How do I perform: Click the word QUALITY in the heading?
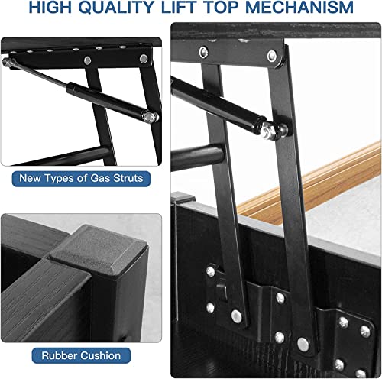click(x=117, y=7)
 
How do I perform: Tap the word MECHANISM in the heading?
click(x=299, y=7)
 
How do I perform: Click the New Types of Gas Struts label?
click(x=81, y=179)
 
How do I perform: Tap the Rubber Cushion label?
click(x=81, y=355)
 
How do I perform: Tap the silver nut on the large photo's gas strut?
click(x=267, y=131)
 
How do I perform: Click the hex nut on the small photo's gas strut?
click(x=147, y=117)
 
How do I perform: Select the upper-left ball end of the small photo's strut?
click(x=7, y=62)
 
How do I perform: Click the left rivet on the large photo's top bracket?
click(x=204, y=52)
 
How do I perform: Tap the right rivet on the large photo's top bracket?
click(x=272, y=56)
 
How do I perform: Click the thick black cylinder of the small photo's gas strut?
click(x=105, y=100)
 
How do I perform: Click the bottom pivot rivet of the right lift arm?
click(x=303, y=345)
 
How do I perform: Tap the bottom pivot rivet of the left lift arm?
click(x=237, y=316)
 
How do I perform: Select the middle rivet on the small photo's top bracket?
click(x=88, y=60)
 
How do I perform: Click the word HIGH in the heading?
click(x=50, y=7)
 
